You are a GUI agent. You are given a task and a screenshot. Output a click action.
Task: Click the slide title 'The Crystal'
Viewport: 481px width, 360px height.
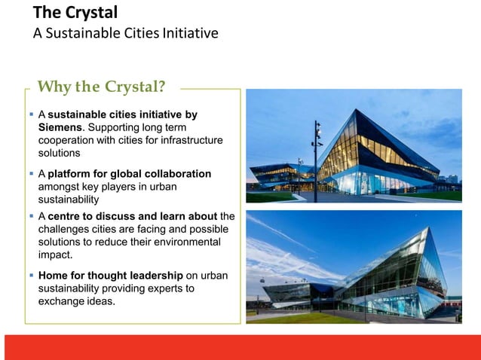coord(75,13)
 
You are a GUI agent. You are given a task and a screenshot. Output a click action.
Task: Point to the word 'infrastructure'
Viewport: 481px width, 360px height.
coord(191,140)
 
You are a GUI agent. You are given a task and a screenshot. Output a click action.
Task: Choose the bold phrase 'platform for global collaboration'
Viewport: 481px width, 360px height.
coord(130,174)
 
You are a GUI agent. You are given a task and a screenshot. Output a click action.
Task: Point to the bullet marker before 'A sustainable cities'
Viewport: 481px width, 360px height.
coord(32,114)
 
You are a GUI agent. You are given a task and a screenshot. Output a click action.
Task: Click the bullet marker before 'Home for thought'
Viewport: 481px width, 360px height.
coord(32,276)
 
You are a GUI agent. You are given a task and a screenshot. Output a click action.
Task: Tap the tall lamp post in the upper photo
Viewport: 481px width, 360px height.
coord(315,158)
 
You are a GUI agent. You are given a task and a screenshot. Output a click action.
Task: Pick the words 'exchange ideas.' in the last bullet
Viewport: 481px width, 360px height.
coord(77,301)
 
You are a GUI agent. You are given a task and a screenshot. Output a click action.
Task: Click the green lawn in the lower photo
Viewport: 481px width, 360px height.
coord(302,318)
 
